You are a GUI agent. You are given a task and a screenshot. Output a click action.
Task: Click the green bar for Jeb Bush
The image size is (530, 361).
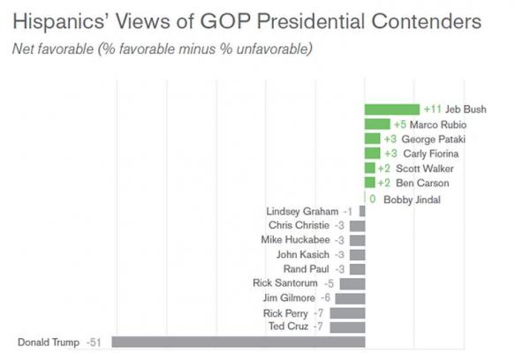(x=391, y=109)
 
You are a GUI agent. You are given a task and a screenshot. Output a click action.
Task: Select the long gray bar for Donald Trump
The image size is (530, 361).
(x=238, y=342)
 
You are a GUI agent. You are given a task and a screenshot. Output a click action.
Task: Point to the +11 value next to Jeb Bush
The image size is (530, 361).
(x=432, y=109)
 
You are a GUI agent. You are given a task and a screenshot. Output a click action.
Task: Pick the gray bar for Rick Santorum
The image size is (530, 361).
(x=352, y=283)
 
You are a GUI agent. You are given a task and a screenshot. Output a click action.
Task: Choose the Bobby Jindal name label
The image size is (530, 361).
(x=411, y=199)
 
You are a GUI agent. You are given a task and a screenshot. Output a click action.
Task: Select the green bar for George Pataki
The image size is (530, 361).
(x=372, y=139)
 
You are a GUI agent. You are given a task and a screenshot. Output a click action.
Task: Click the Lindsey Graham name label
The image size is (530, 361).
(x=302, y=212)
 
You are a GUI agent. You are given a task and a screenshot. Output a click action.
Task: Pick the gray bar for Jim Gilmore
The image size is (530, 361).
(x=350, y=298)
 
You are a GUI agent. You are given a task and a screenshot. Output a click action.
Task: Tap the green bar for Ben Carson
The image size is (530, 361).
(x=370, y=183)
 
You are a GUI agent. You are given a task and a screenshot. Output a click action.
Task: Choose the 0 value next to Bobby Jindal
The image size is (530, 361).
(x=373, y=199)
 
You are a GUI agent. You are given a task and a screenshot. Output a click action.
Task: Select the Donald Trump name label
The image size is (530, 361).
(x=48, y=342)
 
